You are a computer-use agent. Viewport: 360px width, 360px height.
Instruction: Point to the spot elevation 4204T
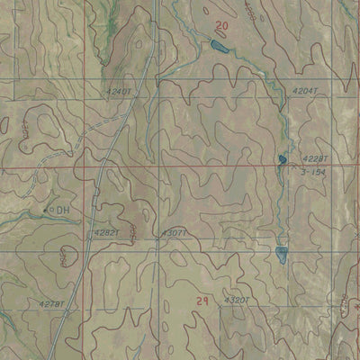[x=306, y=91]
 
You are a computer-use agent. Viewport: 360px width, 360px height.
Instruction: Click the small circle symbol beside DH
[x=49, y=210]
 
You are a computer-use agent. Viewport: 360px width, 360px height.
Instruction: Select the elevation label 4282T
[x=105, y=232]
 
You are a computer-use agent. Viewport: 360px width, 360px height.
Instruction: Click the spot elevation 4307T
[x=174, y=232]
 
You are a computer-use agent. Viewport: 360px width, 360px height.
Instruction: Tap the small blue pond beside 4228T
[x=282, y=160]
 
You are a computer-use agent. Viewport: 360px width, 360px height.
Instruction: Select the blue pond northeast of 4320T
[x=282, y=253]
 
